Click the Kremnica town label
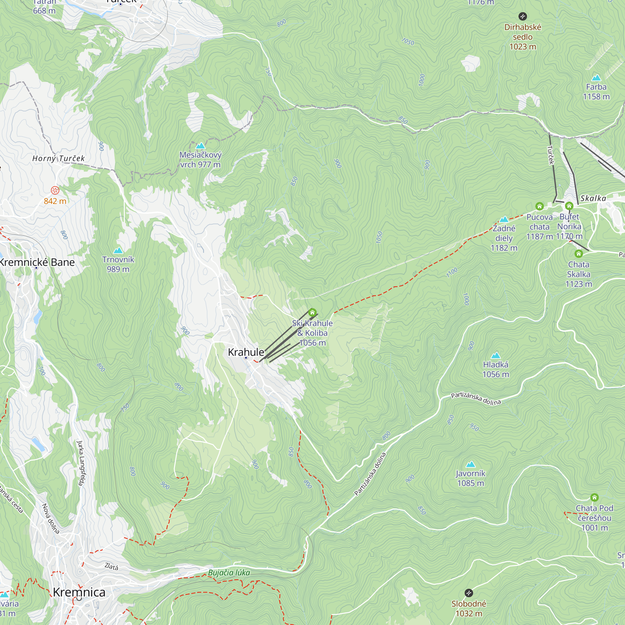click(x=79, y=592)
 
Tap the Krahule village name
click(x=246, y=352)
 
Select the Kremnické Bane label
click(x=37, y=262)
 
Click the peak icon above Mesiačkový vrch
click(x=201, y=146)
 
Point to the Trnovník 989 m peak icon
click(x=118, y=250)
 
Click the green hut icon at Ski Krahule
click(x=312, y=312)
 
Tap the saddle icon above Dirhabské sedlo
click(x=522, y=16)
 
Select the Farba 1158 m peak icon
click(x=596, y=77)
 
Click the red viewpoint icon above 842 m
click(x=55, y=190)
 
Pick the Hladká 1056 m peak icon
click(x=496, y=356)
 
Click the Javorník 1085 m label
click(x=470, y=478)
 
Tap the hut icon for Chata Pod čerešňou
click(x=594, y=497)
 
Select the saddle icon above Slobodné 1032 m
click(x=469, y=593)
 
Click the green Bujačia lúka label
click(x=229, y=572)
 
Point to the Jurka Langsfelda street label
click(x=81, y=462)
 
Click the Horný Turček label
click(x=58, y=158)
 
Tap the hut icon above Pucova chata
click(x=539, y=206)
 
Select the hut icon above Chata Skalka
click(x=579, y=254)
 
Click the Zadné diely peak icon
click(x=504, y=220)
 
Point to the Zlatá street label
click(x=111, y=567)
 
